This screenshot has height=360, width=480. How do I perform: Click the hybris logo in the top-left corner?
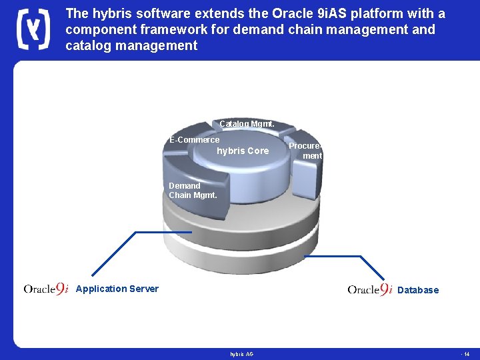pos(32,30)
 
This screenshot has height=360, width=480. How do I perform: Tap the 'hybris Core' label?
pos(243,151)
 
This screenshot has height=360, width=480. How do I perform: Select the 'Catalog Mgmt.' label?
pos(247,124)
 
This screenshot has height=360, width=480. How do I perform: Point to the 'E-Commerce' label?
pos(194,140)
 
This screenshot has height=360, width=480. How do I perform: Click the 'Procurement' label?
pos(305,151)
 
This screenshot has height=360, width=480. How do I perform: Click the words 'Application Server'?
pos(117,289)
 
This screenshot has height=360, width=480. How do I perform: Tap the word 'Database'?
pos(418,290)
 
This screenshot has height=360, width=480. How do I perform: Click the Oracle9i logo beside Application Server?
pos(46,289)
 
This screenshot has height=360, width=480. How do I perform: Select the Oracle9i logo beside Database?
pos(370,289)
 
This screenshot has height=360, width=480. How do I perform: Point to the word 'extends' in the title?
pos(221,13)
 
